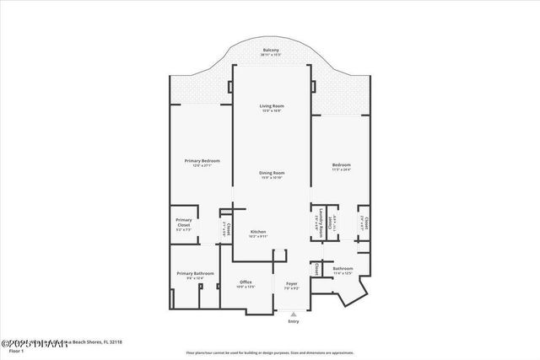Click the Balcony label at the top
point(270,50)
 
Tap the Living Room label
point(271,105)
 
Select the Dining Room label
point(271,172)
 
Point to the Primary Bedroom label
point(202,160)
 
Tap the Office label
point(246,282)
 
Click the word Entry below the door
point(293,321)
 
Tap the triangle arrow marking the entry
point(293,314)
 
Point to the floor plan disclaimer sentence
point(270,352)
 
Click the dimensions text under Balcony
point(270,55)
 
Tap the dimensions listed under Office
point(246,287)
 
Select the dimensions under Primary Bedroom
point(202,165)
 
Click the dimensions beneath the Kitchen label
point(258,236)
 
